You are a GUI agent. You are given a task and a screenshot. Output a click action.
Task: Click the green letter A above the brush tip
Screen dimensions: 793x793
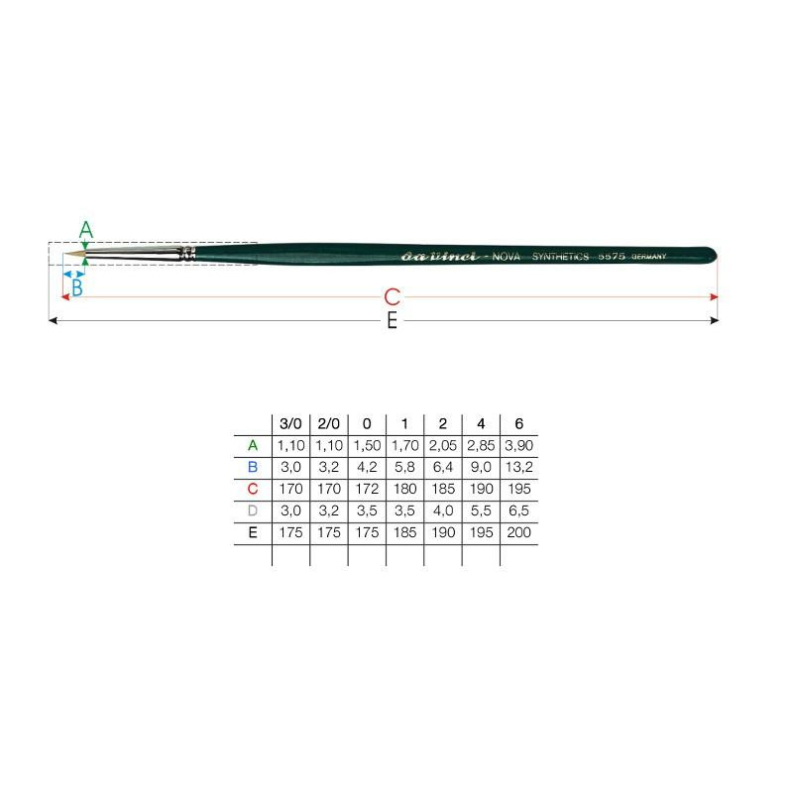86,230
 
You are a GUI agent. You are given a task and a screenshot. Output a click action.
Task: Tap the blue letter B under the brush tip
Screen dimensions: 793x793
77,287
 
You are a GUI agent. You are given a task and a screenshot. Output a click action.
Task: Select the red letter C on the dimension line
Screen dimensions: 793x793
392,296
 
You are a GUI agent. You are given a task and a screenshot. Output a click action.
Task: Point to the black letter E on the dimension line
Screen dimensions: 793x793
392,320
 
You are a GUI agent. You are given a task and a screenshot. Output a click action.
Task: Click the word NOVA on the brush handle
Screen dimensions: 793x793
506,257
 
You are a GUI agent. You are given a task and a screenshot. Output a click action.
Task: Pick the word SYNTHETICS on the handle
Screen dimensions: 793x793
560,257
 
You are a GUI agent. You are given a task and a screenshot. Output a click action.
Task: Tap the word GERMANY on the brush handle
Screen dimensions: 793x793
649,257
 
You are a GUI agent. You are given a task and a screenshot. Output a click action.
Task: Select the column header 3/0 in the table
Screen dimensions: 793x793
290,424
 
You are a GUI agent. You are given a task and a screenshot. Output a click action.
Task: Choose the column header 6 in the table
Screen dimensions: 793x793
518,424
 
